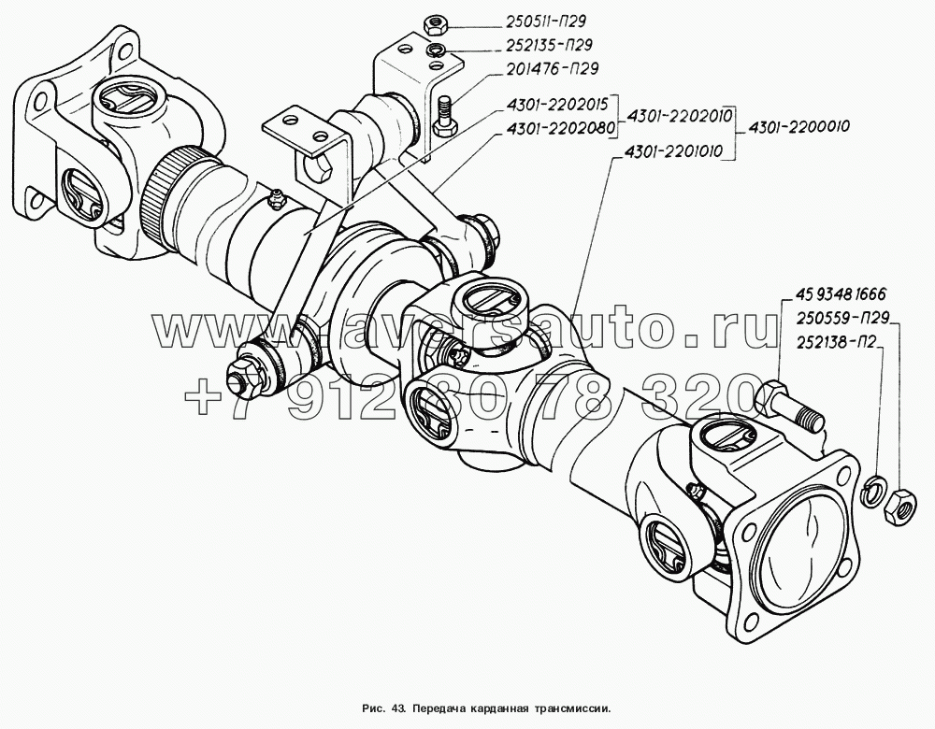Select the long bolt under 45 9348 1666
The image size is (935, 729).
785,406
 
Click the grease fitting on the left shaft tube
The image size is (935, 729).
274,198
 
